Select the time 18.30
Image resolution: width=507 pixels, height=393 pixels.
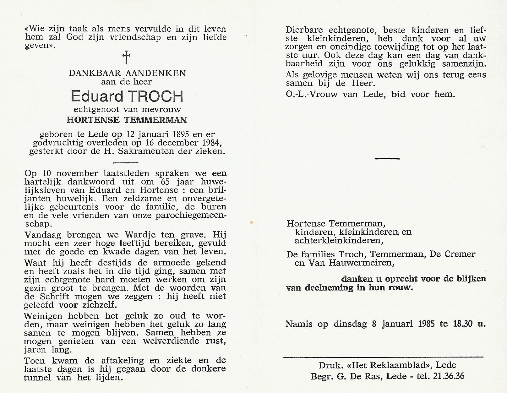pyautogui.click(x=462, y=324)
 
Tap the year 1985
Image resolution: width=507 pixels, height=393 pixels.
pyautogui.click(x=425, y=324)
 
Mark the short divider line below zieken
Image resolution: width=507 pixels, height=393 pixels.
pyautogui.click(x=125, y=163)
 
